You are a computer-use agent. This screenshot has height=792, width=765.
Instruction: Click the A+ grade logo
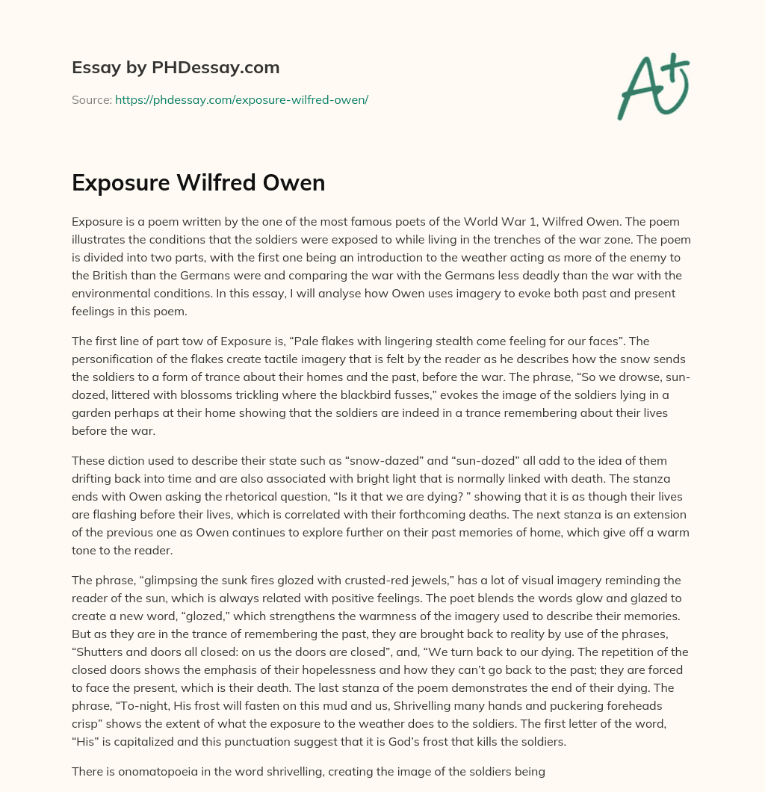click(653, 86)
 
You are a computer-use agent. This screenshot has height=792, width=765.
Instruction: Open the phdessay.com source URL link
click(241, 99)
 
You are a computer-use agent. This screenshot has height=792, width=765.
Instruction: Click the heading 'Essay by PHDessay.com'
click(176, 68)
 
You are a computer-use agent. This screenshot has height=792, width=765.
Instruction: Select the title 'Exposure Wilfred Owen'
click(198, 182)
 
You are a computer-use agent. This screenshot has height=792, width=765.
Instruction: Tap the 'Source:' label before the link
click(91, 99)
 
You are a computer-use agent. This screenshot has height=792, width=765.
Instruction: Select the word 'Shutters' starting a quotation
click(98, 652)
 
